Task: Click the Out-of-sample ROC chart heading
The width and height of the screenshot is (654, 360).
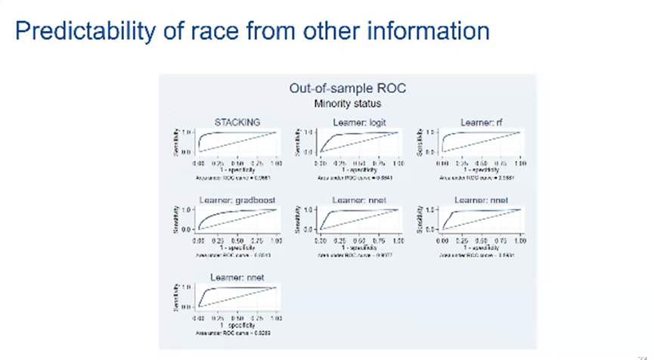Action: [348, 88]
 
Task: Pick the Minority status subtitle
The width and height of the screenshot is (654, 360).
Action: [348, 103]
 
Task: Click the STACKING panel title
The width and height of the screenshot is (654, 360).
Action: [238, 121]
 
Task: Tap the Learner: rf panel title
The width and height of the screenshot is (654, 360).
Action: [481, 121]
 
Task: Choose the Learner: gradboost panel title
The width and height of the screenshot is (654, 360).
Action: [237, 199]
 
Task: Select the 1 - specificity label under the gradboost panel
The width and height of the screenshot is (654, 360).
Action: [237, 247]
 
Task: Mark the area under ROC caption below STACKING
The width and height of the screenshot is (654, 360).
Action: [237, 176]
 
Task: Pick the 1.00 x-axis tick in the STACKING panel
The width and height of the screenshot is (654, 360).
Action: [276, 163]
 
